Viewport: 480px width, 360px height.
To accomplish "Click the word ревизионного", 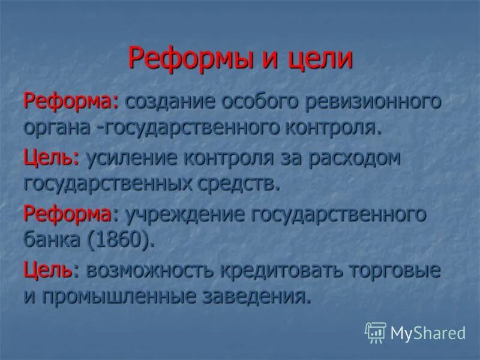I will [x=371, y=100].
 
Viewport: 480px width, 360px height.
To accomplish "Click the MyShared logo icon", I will [x=375, y=332].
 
